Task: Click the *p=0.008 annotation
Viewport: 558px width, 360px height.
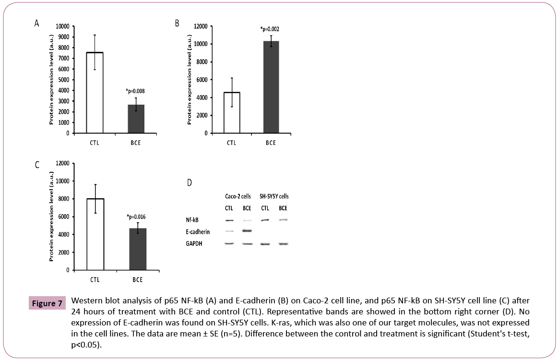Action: [136, 90]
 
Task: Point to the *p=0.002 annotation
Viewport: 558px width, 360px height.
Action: [270, 29]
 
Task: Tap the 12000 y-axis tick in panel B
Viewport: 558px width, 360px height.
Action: [200, 26]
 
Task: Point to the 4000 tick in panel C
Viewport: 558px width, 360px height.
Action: [62, 235]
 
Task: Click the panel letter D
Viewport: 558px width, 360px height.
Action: [189, 182]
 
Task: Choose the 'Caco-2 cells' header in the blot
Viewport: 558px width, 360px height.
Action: [238, 196]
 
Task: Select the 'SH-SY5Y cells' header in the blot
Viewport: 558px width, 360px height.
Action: [274, 196]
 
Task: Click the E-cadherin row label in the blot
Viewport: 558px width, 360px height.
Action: [198, 232]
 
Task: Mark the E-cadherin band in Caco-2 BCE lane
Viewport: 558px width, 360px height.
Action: [247, 231]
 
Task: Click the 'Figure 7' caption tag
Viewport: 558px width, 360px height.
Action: [47, 303]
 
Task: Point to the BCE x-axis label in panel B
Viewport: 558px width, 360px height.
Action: [271, 143]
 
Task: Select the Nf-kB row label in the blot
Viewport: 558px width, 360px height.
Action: [193, 220]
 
